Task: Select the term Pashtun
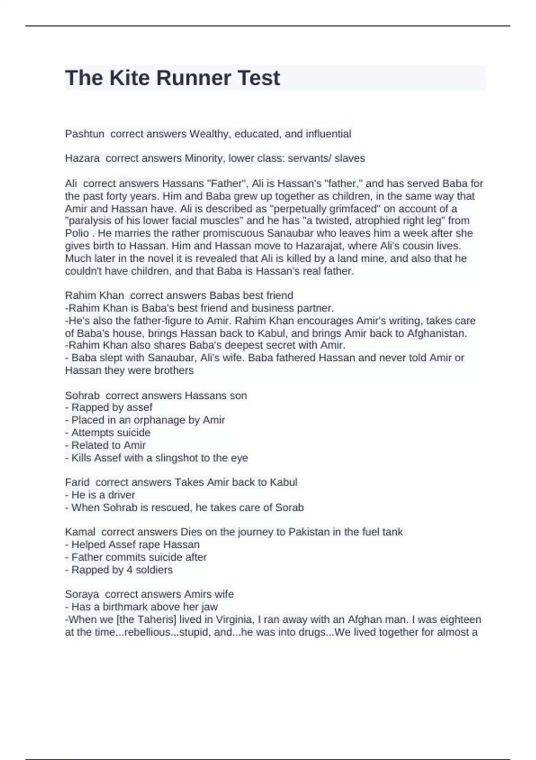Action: pos(84,134)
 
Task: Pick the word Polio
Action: pos(77,233)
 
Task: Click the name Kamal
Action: pos(80,532)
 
